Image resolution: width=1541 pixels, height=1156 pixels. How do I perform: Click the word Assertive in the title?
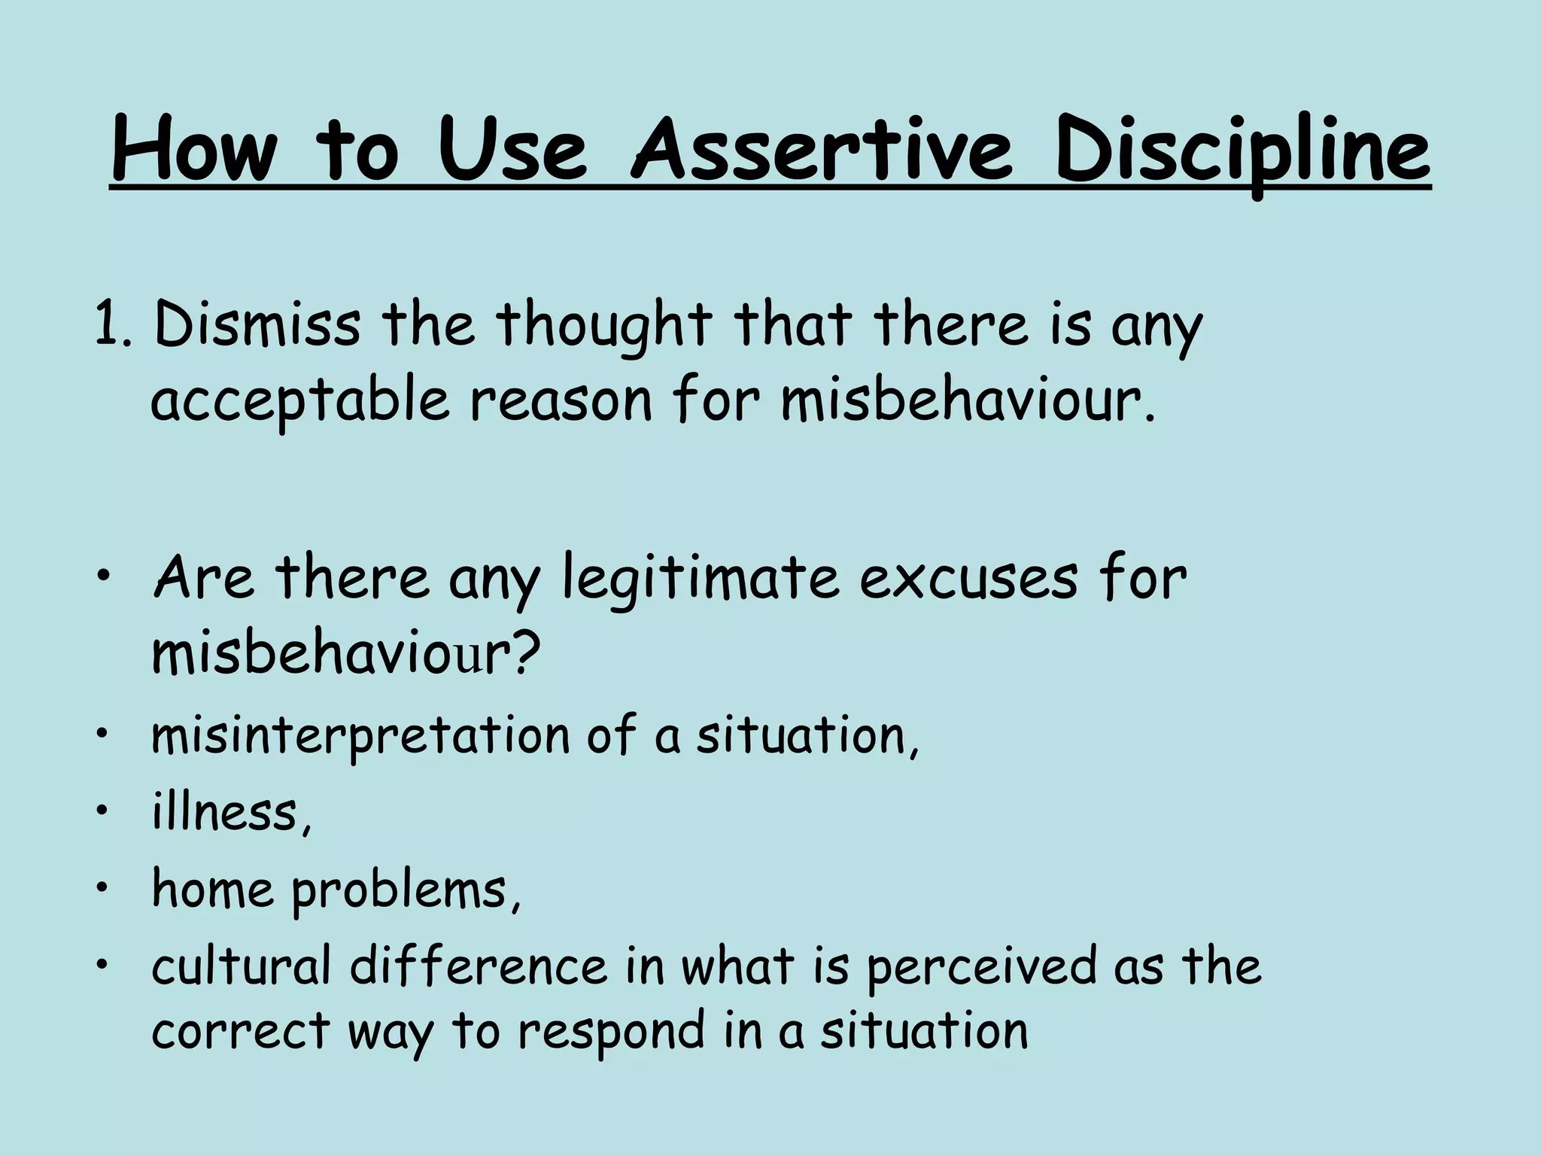823,150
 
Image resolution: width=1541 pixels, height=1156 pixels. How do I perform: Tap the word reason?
561,401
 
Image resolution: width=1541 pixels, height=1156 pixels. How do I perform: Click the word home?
214,889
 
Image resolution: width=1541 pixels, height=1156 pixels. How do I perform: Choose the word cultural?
242,966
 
